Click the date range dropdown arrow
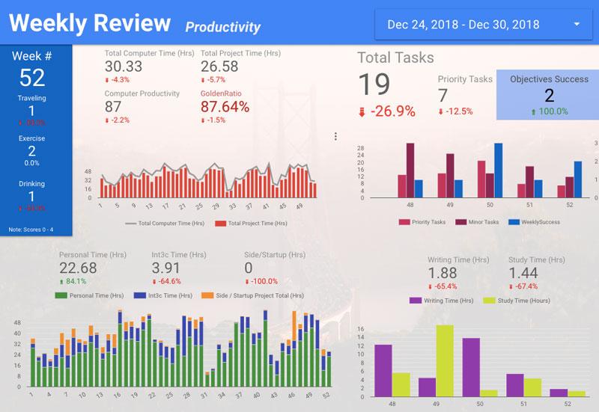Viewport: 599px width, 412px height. coord(577,25)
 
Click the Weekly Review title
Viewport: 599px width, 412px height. coord(90,24)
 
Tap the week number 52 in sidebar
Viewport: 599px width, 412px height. coord(32,77)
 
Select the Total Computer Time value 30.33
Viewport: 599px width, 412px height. coord(124,67)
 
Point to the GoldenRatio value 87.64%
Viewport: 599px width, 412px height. coord(225,107)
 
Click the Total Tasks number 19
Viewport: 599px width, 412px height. coord(374,84)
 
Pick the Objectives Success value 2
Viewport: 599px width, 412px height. coord(549,95)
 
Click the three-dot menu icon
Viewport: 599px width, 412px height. coord(335,136)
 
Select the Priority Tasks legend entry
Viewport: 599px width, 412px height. coord(422,222)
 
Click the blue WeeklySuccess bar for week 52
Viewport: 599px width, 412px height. coord(578,179)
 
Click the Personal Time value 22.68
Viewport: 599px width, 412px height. coord(78,268)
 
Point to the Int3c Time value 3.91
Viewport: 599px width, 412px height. coord(166,268)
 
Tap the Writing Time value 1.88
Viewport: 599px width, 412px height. coord(443,274)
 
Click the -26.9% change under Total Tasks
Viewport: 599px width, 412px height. coord(387,111)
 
